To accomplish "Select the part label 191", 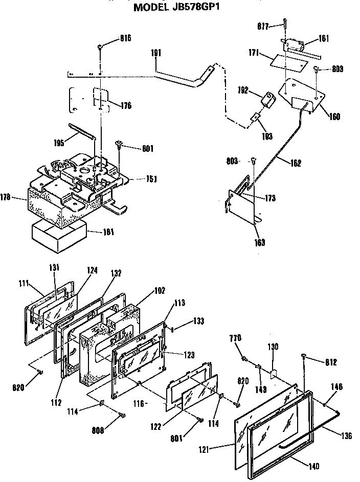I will (156, 53).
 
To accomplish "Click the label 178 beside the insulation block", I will (20, 196).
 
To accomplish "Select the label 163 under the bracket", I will (259, 242).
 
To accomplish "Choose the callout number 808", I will (98, 430).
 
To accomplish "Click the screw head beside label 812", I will (305, 356).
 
